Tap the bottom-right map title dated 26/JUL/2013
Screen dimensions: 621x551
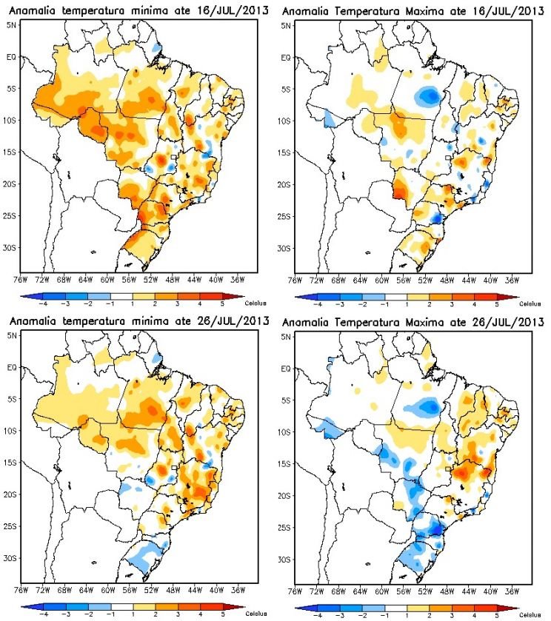point(413,323)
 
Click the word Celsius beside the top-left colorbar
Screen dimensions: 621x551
point(256,303)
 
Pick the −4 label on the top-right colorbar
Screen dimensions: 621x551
point(318,303)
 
